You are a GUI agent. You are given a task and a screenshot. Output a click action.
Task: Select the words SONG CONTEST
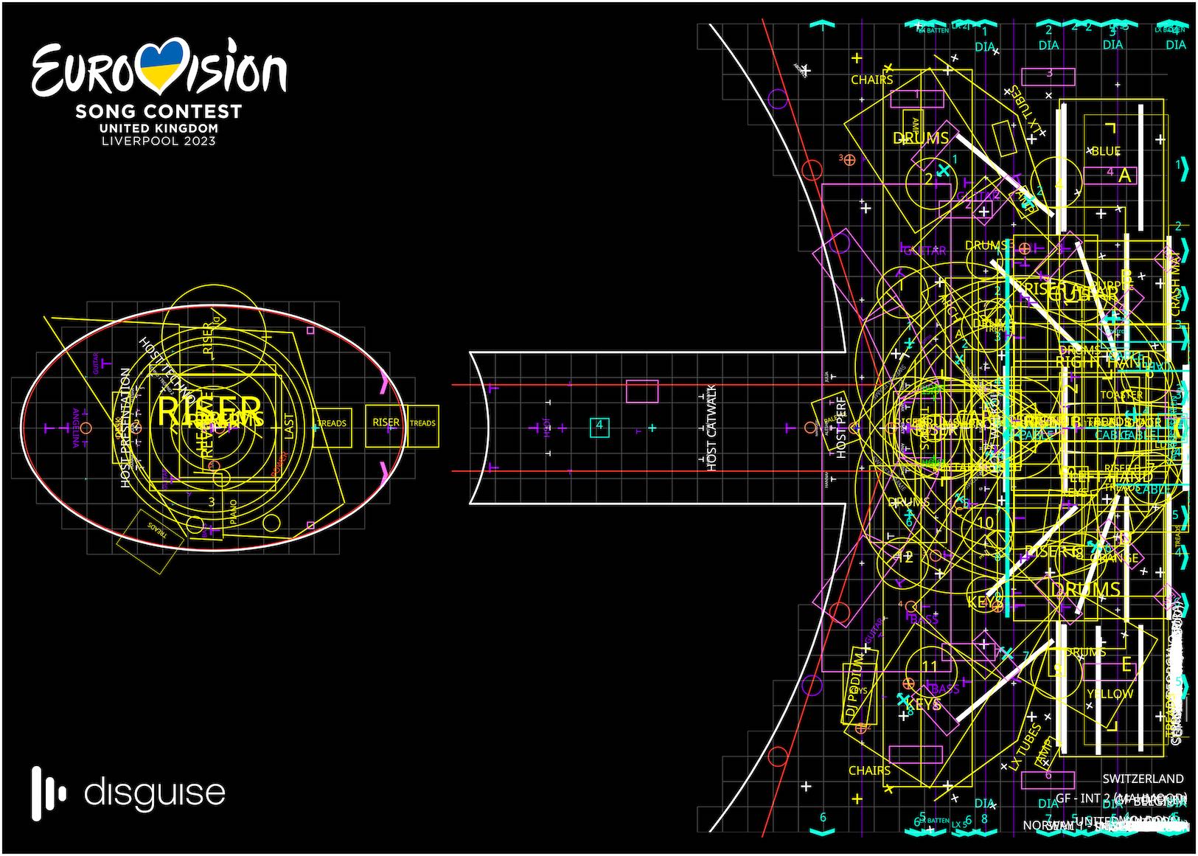(159, 111)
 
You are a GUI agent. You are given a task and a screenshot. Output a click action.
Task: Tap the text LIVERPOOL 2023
(159, 140)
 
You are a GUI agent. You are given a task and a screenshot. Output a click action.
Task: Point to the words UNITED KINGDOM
(159, 128)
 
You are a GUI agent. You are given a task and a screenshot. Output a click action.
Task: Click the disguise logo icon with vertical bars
(49, 793)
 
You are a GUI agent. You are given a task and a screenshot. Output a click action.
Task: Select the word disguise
(155, 793)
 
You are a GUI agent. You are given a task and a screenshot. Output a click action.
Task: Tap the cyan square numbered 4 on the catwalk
(599, 425)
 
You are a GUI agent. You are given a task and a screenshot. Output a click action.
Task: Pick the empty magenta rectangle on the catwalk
(642, 391)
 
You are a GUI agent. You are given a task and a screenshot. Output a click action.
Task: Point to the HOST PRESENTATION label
(125, 428)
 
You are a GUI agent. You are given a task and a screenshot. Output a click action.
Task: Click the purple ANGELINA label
(75, 428)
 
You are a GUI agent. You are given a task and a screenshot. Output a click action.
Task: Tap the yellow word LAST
(288, 426)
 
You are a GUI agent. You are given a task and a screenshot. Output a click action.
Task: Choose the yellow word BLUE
(1105, 151)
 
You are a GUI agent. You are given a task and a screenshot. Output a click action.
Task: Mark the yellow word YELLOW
(1110, 694)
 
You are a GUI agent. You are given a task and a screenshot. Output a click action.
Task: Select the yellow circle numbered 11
(930, 667)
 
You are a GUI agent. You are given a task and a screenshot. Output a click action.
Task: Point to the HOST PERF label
(841, 431)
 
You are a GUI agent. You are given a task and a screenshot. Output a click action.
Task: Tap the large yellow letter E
(1126, 664)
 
